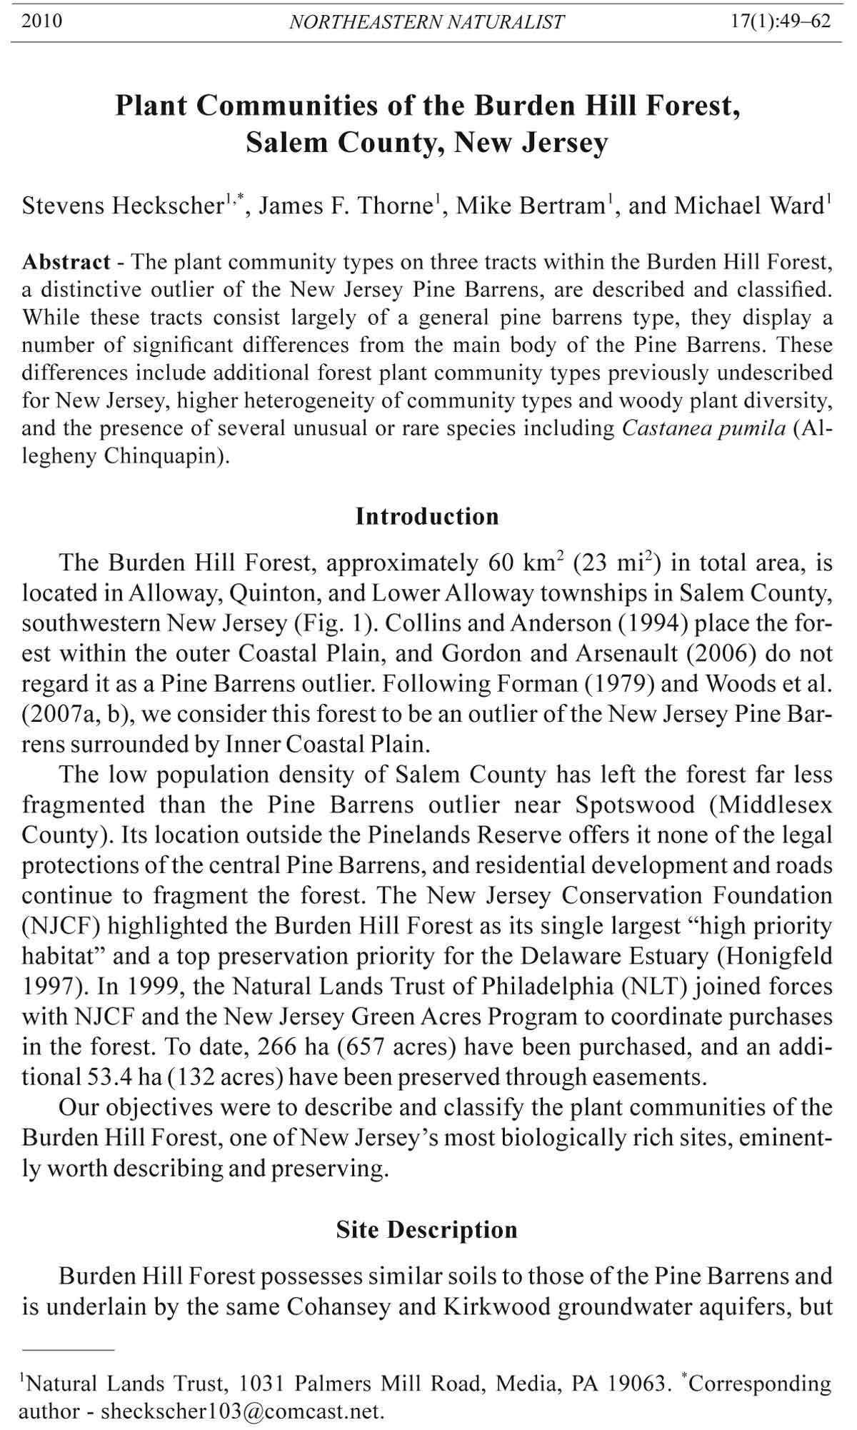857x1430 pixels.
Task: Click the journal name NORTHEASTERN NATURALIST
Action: coord(426,22)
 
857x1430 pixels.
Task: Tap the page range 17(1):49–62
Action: coord(781,21)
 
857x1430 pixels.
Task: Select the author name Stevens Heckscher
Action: coord(123,206)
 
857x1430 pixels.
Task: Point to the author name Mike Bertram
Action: coord(530,206)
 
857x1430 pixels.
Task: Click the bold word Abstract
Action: coord(66,262)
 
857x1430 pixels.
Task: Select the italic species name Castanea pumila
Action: coord(703,429)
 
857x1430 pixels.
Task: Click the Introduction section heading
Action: coord(427,516)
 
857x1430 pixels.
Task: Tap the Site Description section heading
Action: coord(427,1229)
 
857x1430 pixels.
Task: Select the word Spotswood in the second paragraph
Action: coord(635,805)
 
